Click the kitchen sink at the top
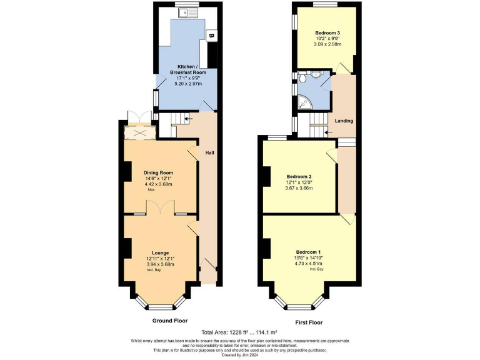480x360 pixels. pyautogui.click(x=187, y=12)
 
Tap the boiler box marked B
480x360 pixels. pyautogui.click(x=211, y=36)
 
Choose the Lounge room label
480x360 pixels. pyautogui.click(x=160, y=252)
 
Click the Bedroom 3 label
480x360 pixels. pyautogui.click(x=327, y=32)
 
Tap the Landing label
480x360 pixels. pyautogui.click(x=344, y=121)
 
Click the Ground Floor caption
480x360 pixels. pyautogui.click(x=170, y=320)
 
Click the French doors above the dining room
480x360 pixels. pyautogui.click(x=137, y=117)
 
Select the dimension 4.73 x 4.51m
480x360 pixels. pyautogui.click(x=308, y=264)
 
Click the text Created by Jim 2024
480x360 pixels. pyautogui.click(x=240, y=355)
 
